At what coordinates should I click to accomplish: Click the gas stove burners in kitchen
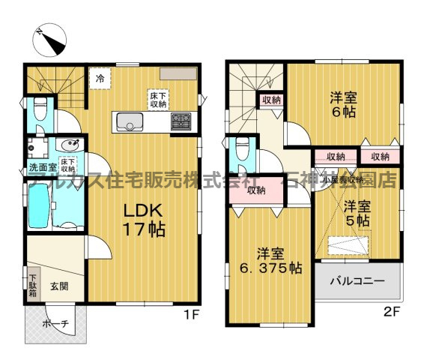(x=181, y=120)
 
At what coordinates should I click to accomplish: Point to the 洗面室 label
(x=41, y=166)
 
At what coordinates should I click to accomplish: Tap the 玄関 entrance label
(x=60, y=286)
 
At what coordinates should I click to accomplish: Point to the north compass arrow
(x=52, y=37)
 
